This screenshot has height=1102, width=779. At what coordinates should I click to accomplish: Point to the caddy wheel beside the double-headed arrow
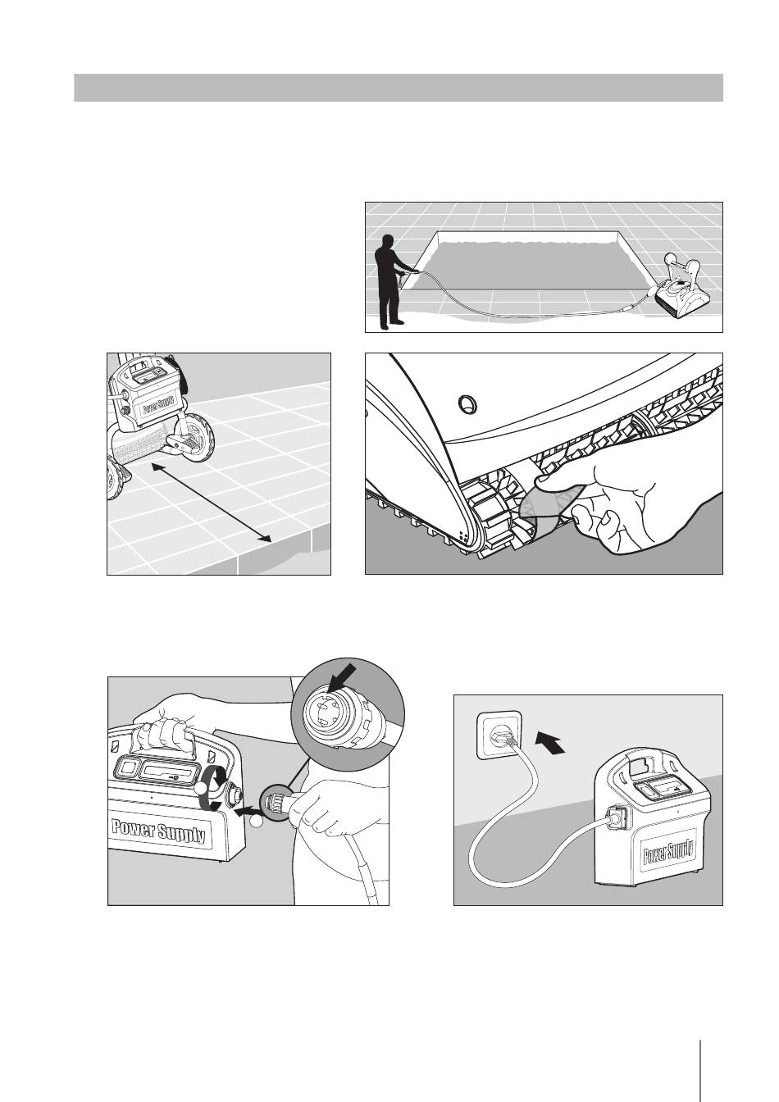click(196, 444)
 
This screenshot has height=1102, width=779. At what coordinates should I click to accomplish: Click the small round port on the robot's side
click(466, 403)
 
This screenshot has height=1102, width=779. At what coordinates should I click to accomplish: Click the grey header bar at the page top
click(399, 88)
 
